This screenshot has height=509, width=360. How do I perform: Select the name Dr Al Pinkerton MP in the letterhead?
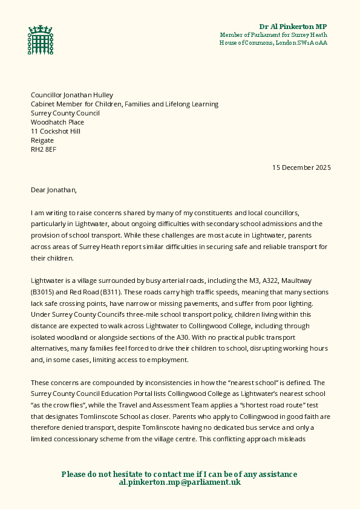[293, 27]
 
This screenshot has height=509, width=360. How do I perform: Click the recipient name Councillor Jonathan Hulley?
[72, 95]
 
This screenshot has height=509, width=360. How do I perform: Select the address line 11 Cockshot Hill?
[56, 131]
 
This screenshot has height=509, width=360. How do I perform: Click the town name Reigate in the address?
[42, 140]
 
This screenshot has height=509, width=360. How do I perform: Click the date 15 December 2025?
[301, 167]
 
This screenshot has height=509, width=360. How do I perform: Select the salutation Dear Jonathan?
[54, 190]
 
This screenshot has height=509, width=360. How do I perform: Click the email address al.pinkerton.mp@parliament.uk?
[180, 482]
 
